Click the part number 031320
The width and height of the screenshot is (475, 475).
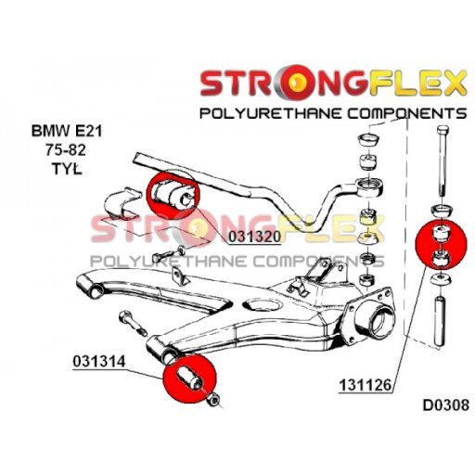pos(254,237)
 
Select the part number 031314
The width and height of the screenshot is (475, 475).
pos(99,361)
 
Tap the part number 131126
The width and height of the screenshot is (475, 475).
pos(366,385)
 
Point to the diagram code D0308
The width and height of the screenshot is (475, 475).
pos(445,405)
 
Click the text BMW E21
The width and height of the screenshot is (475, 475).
pos(67,131)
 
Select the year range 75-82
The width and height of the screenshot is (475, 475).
pos(66,150)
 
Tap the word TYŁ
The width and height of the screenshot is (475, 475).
pos(67,169)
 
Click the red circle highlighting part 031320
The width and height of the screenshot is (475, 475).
pos(173,196)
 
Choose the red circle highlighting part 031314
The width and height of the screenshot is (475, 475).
pos(189,379)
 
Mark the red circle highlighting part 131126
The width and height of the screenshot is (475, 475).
pos(442,245)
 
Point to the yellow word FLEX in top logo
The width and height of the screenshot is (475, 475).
pos(417,83)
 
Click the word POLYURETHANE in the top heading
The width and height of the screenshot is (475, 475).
pos(271,113)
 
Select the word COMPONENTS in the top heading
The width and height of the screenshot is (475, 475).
pos(406,113)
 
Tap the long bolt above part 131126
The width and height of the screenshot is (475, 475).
pos(443,161)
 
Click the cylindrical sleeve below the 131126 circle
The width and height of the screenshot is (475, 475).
pos(439,322)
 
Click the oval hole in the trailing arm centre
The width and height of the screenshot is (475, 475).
pos(263,305)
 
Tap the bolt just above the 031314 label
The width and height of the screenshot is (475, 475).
pos(133,324)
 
